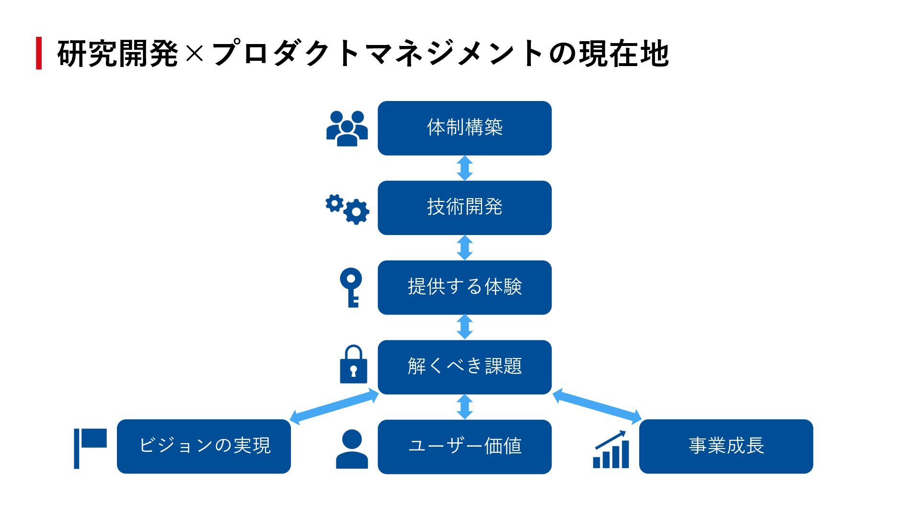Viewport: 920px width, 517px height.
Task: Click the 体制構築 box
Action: (x=464, y=128)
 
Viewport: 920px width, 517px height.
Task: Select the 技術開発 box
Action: (x=464, y=207)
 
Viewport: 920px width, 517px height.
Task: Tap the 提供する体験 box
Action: (x=464, y=287)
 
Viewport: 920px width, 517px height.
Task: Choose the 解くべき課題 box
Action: (x=464, y=367)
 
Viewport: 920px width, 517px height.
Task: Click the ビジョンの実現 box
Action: (x=204, y=446)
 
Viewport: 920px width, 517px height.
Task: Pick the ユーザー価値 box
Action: (x=464, y=446)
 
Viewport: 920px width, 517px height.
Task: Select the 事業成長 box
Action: (x=726, y=446)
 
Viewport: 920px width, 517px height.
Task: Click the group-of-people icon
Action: (x=347, y=128)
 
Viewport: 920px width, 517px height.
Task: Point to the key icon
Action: (x=351, y=287)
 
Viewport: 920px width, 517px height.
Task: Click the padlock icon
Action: (x=353, y=365)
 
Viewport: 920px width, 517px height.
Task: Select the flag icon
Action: (x=90, y=448)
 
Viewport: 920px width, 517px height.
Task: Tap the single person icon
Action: (x=352, y=449)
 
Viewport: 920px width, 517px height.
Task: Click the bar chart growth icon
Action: (x=611, y=450)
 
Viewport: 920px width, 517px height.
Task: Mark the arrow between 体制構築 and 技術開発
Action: (x=464, y=168)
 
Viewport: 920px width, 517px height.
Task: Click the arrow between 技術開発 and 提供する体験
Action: (x=464, y=247)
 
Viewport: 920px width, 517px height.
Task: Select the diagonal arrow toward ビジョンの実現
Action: (x=334, y=407)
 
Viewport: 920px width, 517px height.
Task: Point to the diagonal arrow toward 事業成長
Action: (x=597, y=407)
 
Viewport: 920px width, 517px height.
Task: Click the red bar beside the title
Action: (x=39, y=53)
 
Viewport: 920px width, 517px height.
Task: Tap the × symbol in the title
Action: (x=194, y=54)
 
